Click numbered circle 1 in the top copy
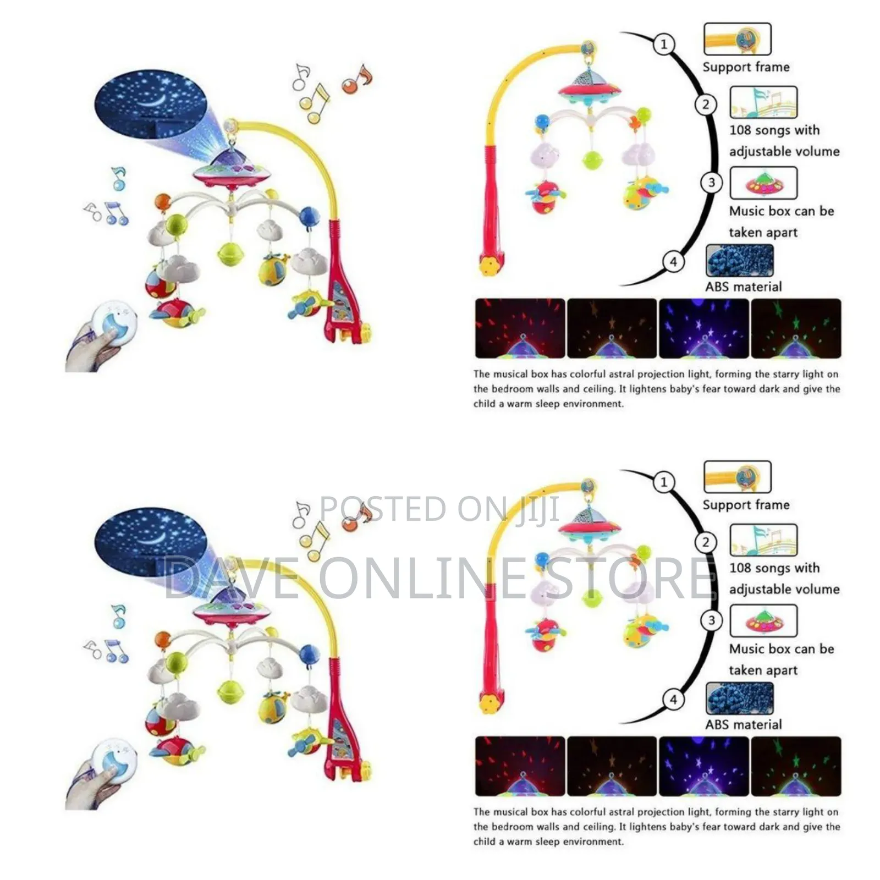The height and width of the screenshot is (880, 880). coord(664,44)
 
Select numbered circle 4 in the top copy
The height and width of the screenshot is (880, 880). coord(673,261)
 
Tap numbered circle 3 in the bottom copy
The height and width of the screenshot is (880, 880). coord(711,620)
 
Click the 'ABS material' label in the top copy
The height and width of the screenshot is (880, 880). coord(744,287)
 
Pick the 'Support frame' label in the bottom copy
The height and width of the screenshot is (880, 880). coord(746,505)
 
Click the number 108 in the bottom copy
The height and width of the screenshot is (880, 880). coord(740,568)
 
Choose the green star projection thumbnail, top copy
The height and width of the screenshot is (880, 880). coord(796,328)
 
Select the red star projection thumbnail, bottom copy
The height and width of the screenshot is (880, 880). coord(520,766)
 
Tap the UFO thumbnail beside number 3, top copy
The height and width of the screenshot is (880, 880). coord(763,183)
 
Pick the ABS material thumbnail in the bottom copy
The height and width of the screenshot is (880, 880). coord(740,699)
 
